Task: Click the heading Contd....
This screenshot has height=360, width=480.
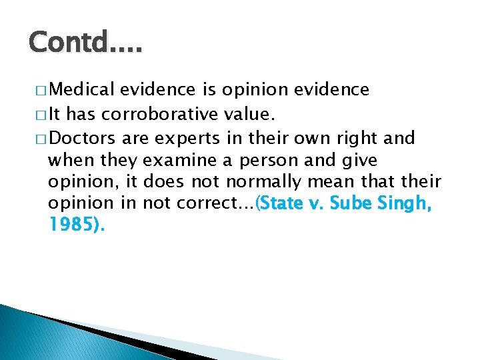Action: [x=85, y=43]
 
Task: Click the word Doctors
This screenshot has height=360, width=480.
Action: [x=83, y=138]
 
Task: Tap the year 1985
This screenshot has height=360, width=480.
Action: [x=74, y=225]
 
